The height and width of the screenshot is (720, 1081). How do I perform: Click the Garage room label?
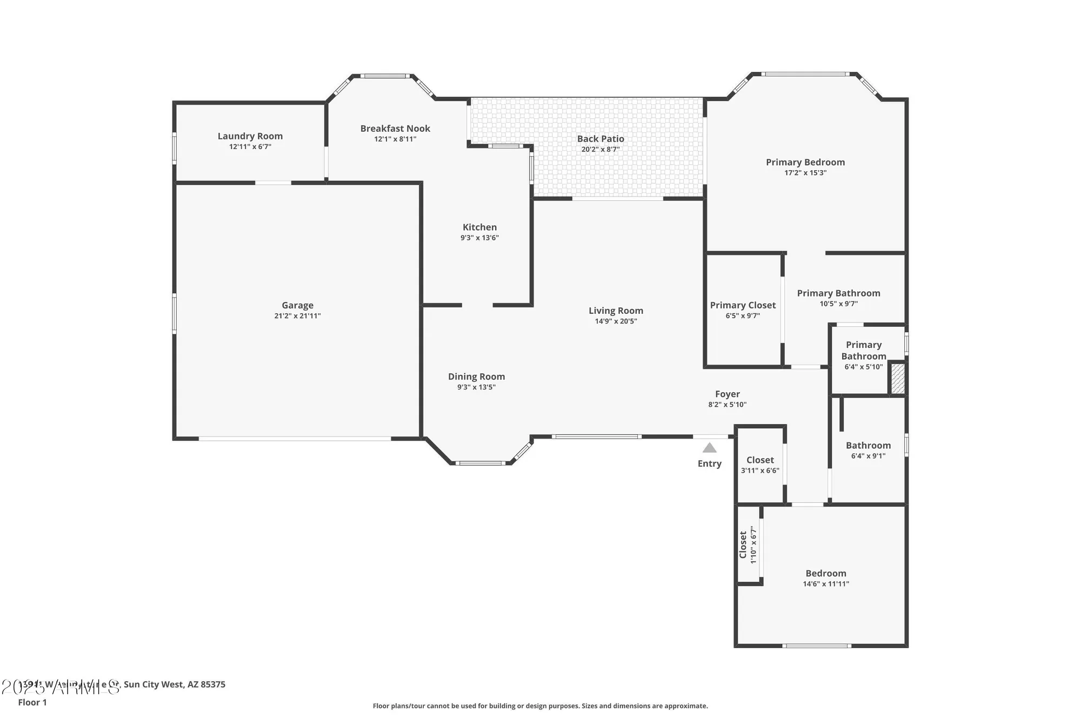pos(297,305)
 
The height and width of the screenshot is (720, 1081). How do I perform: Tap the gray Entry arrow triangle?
pos(710,448)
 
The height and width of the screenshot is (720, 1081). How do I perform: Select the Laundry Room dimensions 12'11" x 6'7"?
pos(250,147)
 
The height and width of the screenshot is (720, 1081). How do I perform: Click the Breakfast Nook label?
pos(395,129)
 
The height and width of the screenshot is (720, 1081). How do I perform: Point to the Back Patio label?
pos(600,139)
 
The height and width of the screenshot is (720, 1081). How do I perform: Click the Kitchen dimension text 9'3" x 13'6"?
pos(479,238)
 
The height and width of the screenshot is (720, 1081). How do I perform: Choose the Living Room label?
pos(616,311)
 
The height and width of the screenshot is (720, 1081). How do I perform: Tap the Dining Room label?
pos(476,376)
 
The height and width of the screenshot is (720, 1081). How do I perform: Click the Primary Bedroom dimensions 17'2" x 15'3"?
pos(805,173)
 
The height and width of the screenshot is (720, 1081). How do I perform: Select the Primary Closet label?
pos(743,305)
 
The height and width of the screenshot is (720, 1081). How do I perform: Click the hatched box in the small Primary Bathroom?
pos(897,379)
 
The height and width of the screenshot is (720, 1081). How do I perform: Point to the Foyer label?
pos(727,394)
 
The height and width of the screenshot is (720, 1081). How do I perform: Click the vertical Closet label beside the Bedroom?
pos(743,544)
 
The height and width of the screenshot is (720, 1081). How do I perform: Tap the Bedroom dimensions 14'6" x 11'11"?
pos(826,584)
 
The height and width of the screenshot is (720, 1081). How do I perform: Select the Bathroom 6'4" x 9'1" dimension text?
pos(868,456)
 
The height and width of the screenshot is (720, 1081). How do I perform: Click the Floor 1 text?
pos(32,702)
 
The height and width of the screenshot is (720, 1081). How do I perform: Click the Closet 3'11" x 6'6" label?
pos(760,460)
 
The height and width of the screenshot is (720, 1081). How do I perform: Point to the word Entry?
pos(709,463)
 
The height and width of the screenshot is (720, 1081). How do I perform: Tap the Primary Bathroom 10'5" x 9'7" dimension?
pos(838,304)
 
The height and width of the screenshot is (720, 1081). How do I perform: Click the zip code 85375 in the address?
pos(213,684)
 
